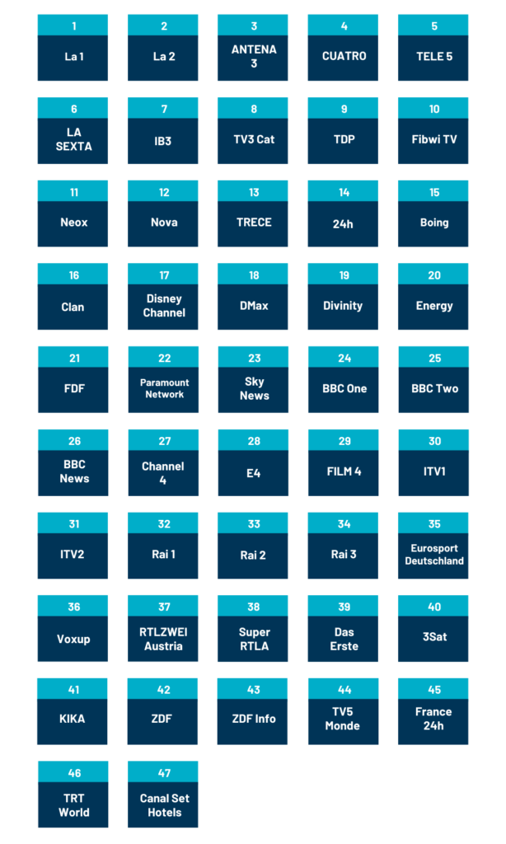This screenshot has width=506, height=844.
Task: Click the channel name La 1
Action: click(73, 57)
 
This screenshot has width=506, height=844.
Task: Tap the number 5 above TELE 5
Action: click(433, 26)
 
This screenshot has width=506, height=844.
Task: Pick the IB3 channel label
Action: click(162, 141)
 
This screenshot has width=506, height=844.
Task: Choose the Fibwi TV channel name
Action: click(433, 139)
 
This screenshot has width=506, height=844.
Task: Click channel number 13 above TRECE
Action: click(254, 192)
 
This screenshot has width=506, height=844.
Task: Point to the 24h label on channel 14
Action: click(343, 224)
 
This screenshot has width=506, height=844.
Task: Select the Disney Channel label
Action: click(164, 306)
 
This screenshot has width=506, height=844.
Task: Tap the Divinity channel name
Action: click(343, 306)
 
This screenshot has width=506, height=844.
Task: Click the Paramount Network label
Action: click(164, 388)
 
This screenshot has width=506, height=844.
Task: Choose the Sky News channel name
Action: click(254, 389)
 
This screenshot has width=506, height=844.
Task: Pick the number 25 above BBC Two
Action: click(434, 358)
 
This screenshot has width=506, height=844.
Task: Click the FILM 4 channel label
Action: click(344, 471)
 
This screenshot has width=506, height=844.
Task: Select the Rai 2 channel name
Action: click(253, 555)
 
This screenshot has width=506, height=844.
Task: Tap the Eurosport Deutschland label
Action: click(434, 555)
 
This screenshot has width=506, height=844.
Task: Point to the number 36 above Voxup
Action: click(73, 607)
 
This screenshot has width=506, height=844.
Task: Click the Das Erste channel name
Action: click(344, 639)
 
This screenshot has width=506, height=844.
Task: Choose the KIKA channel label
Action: click(73, 719)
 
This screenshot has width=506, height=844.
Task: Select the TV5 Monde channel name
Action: click(342, 719)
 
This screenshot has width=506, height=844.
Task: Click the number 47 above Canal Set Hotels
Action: click(164, 773)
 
